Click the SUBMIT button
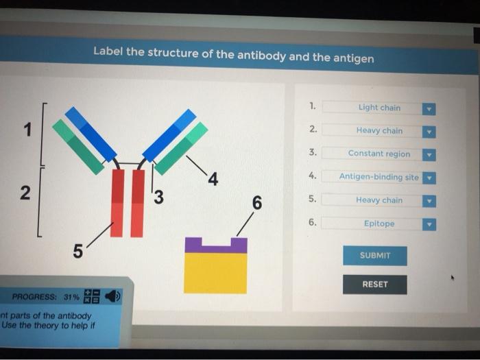click(x=374, y=255)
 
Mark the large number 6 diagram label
click(x=256, y=202)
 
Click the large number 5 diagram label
click(x=78, y=252)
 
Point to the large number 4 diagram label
click(x=213, y=180)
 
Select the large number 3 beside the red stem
click(x=159, y=197)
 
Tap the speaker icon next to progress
click(x=112, y=297)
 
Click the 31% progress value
click(x=71, y=298)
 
